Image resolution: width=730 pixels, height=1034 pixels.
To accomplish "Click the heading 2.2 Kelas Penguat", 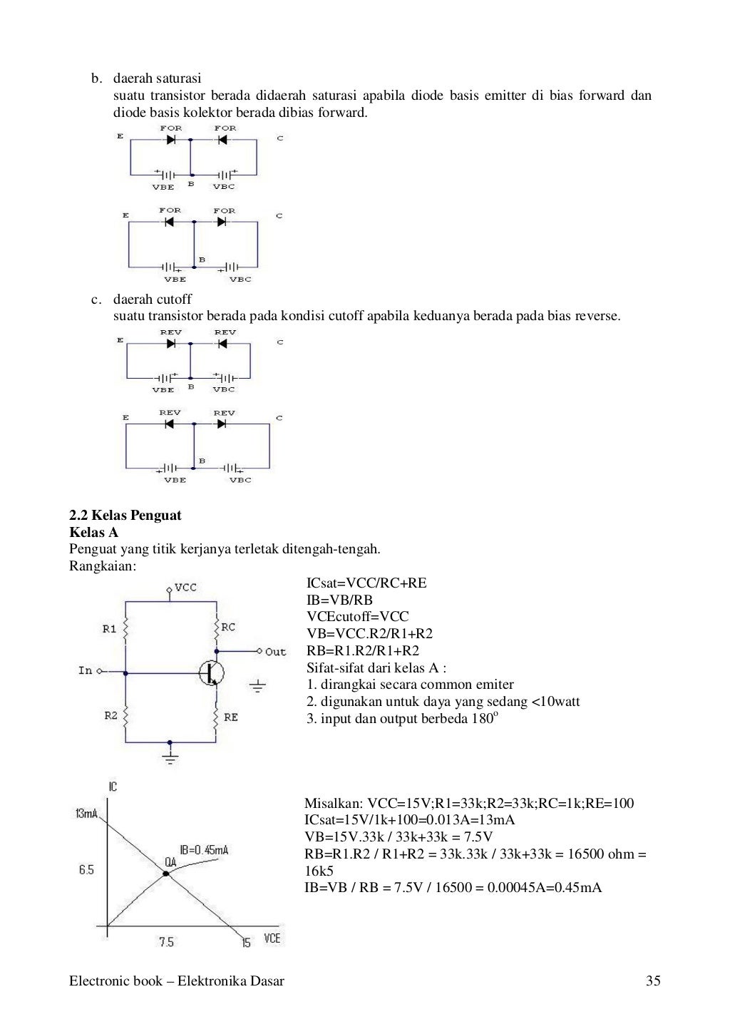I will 125,516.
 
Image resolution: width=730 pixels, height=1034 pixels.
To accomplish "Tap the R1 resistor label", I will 109,628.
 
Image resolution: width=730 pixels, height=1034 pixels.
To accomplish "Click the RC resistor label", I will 228,628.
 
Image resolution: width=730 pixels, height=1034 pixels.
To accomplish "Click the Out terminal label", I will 275,652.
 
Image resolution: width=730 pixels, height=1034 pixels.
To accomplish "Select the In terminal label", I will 86,670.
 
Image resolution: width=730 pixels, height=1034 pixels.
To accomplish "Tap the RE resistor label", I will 231,717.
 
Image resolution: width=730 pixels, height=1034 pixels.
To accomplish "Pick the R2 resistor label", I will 110,716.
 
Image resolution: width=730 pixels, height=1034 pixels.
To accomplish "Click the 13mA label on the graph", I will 86,814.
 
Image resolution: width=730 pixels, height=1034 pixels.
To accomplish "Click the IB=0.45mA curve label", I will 204,850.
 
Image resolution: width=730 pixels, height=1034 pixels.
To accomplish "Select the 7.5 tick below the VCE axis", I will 165,942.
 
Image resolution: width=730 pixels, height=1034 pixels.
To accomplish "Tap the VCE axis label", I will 272,938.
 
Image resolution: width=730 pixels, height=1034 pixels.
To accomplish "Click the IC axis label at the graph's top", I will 113,787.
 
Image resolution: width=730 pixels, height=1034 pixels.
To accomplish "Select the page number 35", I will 653,981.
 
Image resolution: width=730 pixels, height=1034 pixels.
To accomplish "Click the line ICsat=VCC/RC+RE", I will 366,583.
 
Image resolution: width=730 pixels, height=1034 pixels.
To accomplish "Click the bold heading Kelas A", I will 94,533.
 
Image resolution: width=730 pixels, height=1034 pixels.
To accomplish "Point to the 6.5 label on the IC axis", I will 86,870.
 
